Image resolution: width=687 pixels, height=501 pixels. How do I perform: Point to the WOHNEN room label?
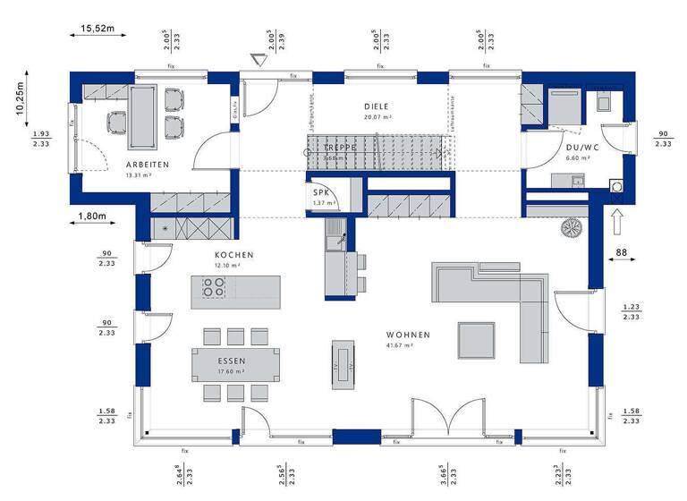408,335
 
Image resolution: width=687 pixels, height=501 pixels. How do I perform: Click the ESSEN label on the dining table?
231,362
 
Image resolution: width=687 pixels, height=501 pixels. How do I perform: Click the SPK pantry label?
318,192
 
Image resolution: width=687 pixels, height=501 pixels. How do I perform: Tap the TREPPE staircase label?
341,147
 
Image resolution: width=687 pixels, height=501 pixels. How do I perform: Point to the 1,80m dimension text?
91,216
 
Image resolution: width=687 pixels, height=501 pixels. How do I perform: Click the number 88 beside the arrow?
622,254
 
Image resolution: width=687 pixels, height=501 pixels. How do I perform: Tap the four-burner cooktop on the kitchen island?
214,288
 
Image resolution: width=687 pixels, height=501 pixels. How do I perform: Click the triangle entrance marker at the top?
259,61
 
